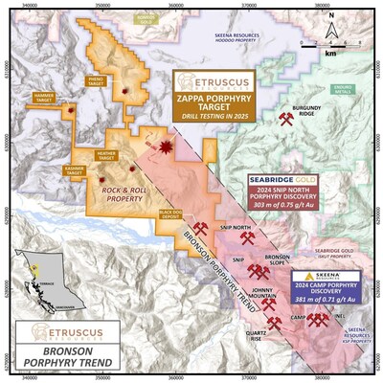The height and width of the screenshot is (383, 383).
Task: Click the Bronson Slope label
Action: point(278,260)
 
